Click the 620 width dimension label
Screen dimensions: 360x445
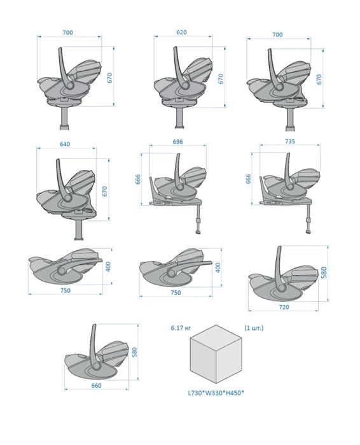click(x=181, y=32)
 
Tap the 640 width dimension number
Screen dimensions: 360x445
click(x=65, y=144)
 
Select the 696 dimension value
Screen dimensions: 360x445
click(x=177, y=141)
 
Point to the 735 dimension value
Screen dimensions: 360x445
click(x=290, y=141)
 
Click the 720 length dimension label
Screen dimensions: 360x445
click(x=284, y=307)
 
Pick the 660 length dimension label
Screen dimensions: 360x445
click(x=97, y=386)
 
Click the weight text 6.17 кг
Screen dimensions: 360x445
click(x=181, y=328)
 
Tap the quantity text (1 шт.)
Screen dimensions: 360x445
click(x=254, y=328)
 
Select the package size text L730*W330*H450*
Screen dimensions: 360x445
click(x=216, y=393)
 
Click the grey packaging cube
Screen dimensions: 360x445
click(x=216, y=354)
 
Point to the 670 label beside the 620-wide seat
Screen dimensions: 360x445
click(x=221, y=78)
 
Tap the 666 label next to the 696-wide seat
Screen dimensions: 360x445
click(x=138, y=180)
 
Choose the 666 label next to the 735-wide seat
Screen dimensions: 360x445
click(x=248, y=179)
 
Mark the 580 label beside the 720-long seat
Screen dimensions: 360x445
click(x=324, y=272)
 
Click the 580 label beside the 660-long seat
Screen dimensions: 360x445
click(x=135, y=352)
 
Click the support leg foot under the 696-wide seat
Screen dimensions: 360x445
click(x=198, y=232)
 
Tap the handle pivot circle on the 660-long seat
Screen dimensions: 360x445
click(x=97, y=367)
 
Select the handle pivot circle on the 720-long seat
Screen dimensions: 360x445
click(x=282, y=288)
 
